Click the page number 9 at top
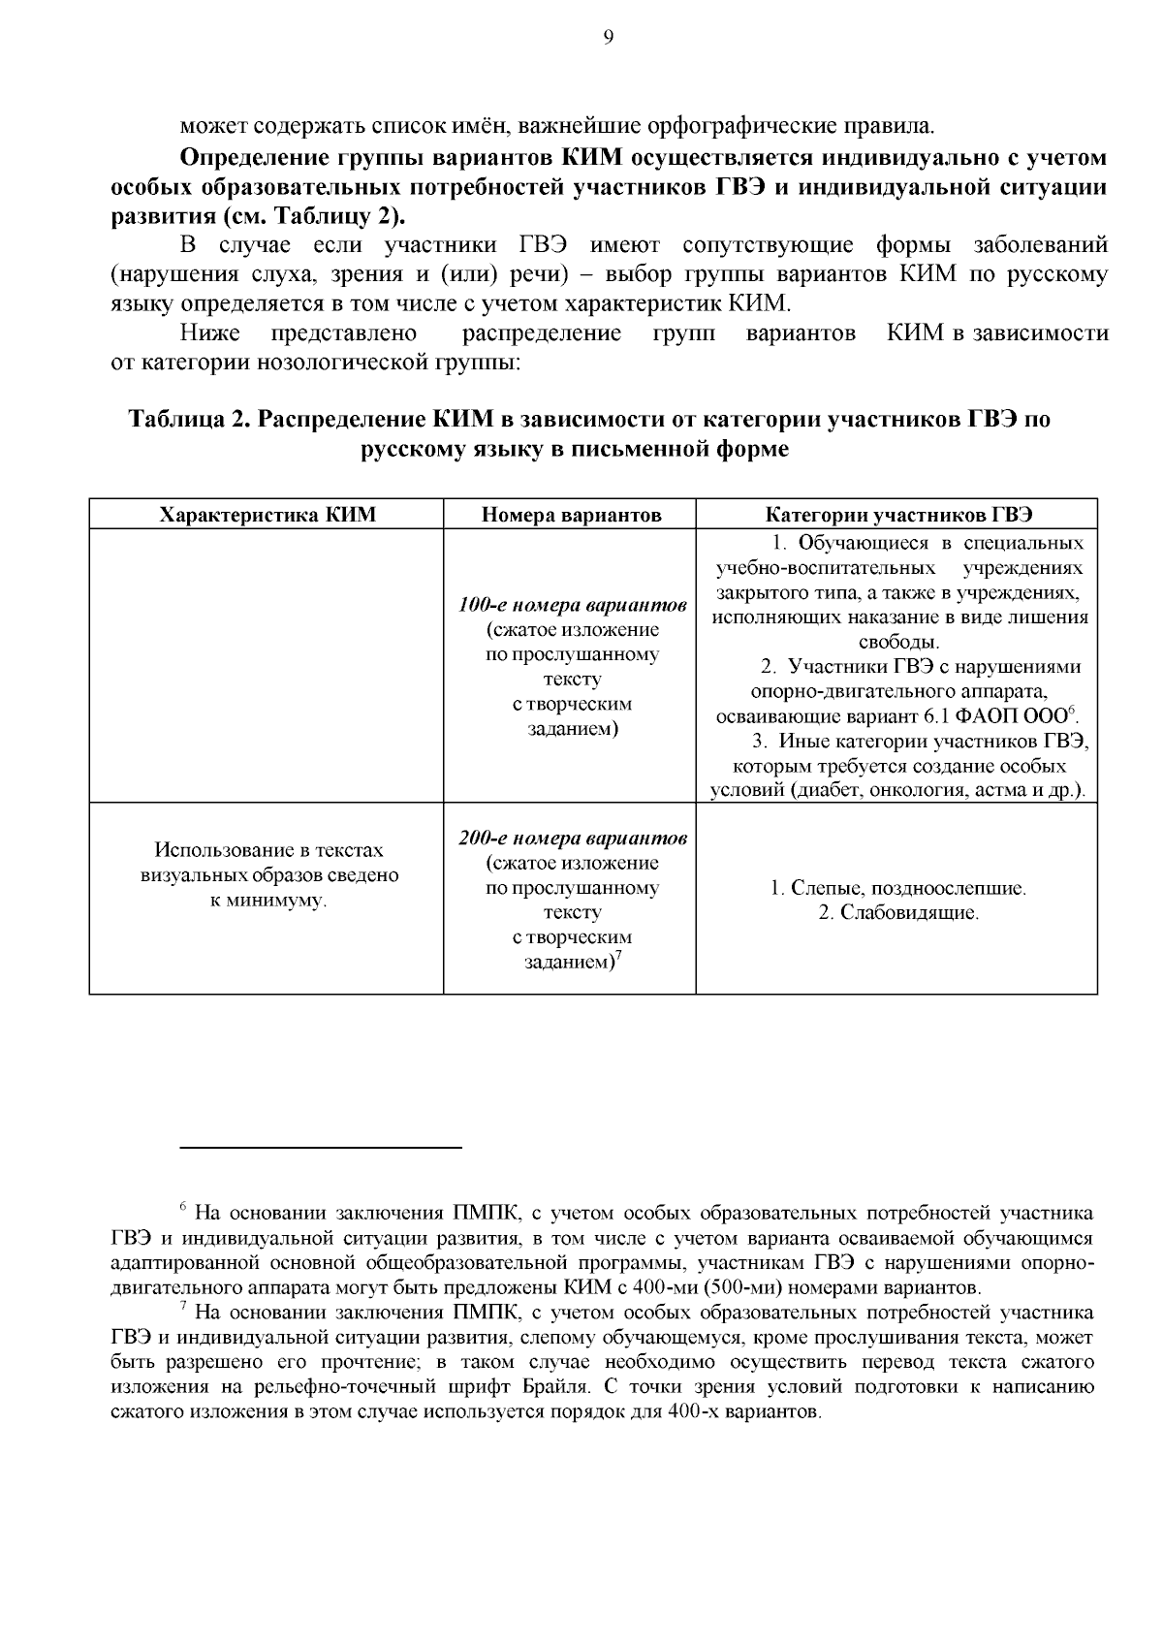[x=608, y=37]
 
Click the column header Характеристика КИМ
[x=267, y=515]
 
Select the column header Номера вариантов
[x=571, y=515]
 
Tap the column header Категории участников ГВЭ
[x=899, y=515]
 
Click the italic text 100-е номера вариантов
[x=573, y=605]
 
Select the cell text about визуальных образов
[x=268, y=875]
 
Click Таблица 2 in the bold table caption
[x=190, y=420]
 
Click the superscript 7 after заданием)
[x=617, y=957]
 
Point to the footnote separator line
[x=321, y=1148]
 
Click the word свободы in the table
[x=897, y=642]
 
